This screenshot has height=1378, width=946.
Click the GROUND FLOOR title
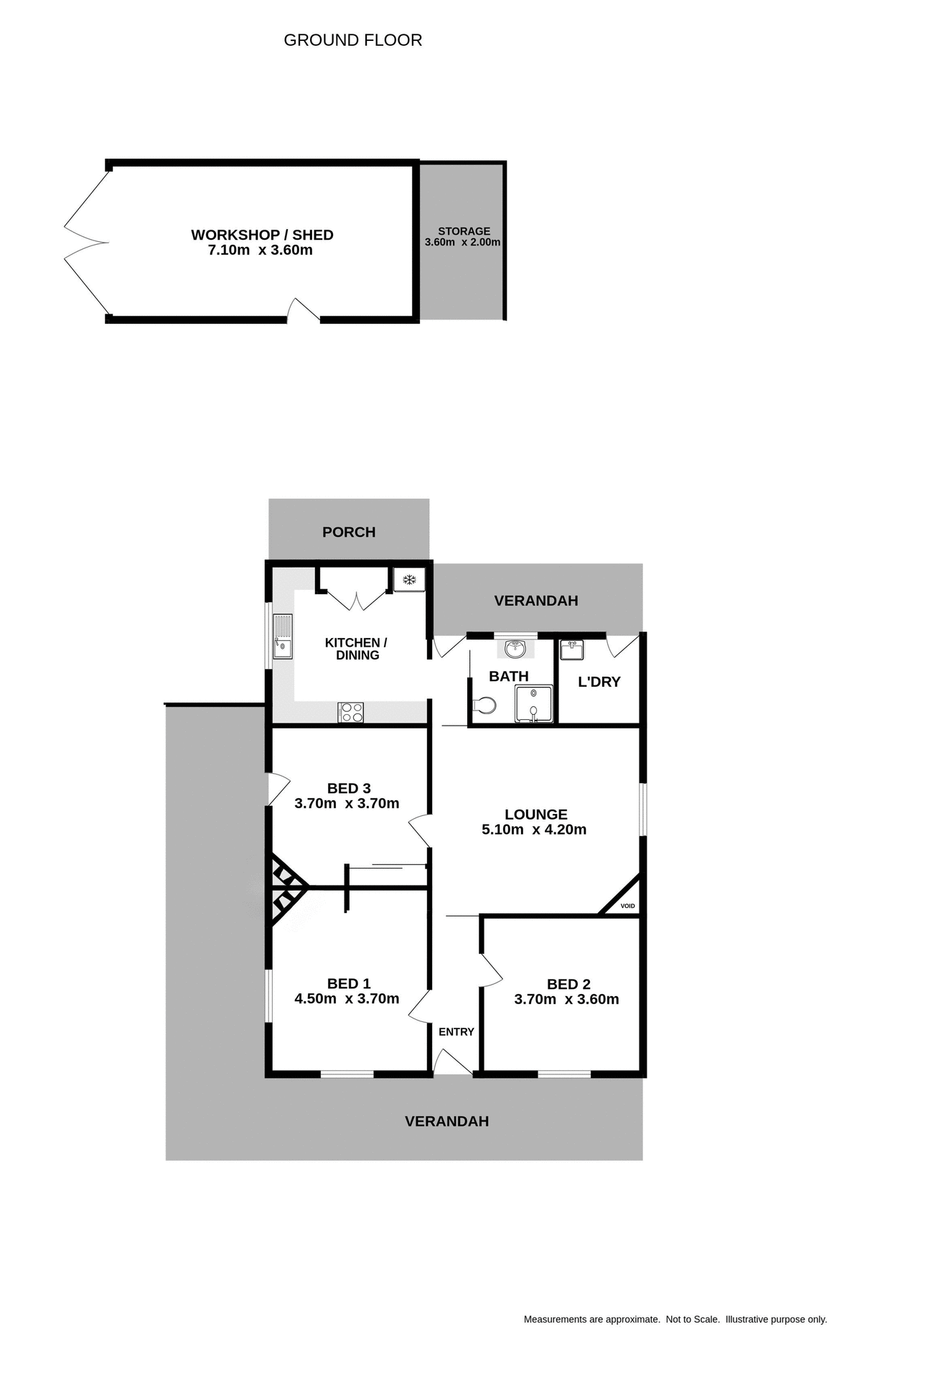(x=352, y=40)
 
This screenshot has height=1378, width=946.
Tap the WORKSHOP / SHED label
(x=262, y=235)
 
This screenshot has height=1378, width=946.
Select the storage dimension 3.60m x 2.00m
(x=462, y=243)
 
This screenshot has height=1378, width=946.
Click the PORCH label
(x=349, y=532)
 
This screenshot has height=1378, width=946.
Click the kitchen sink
(x=283, y=636)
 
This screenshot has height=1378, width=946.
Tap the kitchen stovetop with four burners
(x=351, y=712)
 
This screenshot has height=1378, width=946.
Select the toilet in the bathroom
(x=485, y=706)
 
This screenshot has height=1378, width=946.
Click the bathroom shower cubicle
(x=534, y=703)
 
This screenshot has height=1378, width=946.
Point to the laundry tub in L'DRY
(x=572, y=650)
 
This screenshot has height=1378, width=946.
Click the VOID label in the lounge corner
(x=627, y=906)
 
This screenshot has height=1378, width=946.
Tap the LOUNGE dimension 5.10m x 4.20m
(x=534, y=830)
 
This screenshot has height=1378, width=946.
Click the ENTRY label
(x=456, y=1031)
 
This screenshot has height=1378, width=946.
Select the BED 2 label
(x=568, y=984)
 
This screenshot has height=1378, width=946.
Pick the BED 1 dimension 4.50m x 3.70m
(x=347, y=998)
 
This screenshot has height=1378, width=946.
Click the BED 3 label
(x=349, y=788)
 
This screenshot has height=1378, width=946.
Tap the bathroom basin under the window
(x=515, y=649)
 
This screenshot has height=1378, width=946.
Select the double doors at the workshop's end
(x=86, y=243)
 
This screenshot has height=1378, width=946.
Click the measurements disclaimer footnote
(x=675, y=1319)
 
